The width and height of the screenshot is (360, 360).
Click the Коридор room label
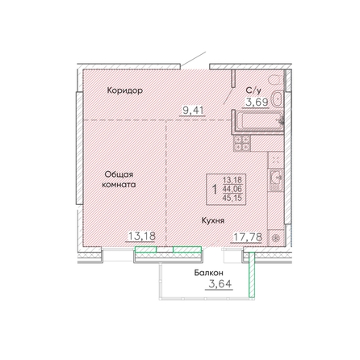(125, 90)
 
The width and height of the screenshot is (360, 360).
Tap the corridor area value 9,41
(193, 111)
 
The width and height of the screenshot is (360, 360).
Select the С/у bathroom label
(253, 90)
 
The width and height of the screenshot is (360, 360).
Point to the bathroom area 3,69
(257, 102)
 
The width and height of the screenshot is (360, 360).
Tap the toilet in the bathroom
(276, 80)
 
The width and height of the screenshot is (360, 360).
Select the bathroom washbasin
(277, 100)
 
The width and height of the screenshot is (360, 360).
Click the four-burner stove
(242, 143)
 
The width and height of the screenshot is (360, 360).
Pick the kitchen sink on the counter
(276, 178)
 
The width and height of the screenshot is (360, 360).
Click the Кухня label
(213, 220)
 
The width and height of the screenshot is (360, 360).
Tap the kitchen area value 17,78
(248, 237)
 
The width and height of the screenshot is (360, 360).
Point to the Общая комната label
(119, 179)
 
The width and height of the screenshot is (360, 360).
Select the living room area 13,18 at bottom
(141, 237)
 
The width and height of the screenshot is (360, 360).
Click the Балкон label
(208, 273)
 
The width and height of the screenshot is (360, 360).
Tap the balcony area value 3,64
(220, 284)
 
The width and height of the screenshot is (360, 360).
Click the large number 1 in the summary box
(215, 190)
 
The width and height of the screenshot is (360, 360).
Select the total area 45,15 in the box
(232, 198)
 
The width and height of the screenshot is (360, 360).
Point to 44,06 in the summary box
(232, 189)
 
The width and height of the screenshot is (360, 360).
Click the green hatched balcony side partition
(252, 274)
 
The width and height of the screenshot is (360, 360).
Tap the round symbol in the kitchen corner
(275, 238)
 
